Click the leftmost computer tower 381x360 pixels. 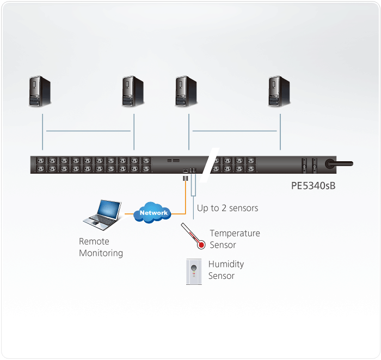coord(40,90)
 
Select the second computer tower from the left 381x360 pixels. coord(133,90)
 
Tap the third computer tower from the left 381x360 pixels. coord(186,90)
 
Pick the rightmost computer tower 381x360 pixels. coord(279,90)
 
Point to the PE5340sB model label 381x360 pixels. coord(313,185)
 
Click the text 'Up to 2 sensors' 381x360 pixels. coord(228,208)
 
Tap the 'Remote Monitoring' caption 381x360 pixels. coord(101,247)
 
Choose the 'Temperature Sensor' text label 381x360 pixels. coord(235,239)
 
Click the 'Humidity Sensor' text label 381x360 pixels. coord(226,270)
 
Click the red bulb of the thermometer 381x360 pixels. coord(201,245)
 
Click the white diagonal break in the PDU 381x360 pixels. coord(209,164)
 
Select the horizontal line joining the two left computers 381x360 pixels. coord(88,131)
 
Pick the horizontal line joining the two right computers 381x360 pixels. coord(235,131)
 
